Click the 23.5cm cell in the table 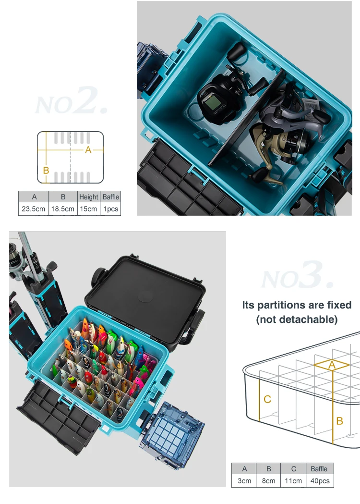[34, 209]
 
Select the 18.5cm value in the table [63, 209]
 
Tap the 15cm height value [89, 209]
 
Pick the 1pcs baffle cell [110, 209]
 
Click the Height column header [89, 197]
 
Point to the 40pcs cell [319, 480]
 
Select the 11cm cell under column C [294, 480]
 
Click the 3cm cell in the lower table [244, 480]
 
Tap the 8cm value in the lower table [269, 480]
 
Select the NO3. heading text [297, 277]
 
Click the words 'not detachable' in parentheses [297, 319]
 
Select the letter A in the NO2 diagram [88, 150]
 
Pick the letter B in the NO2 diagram [46, 170]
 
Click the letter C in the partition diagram [267, 399]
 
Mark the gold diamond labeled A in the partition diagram [332, 365]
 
